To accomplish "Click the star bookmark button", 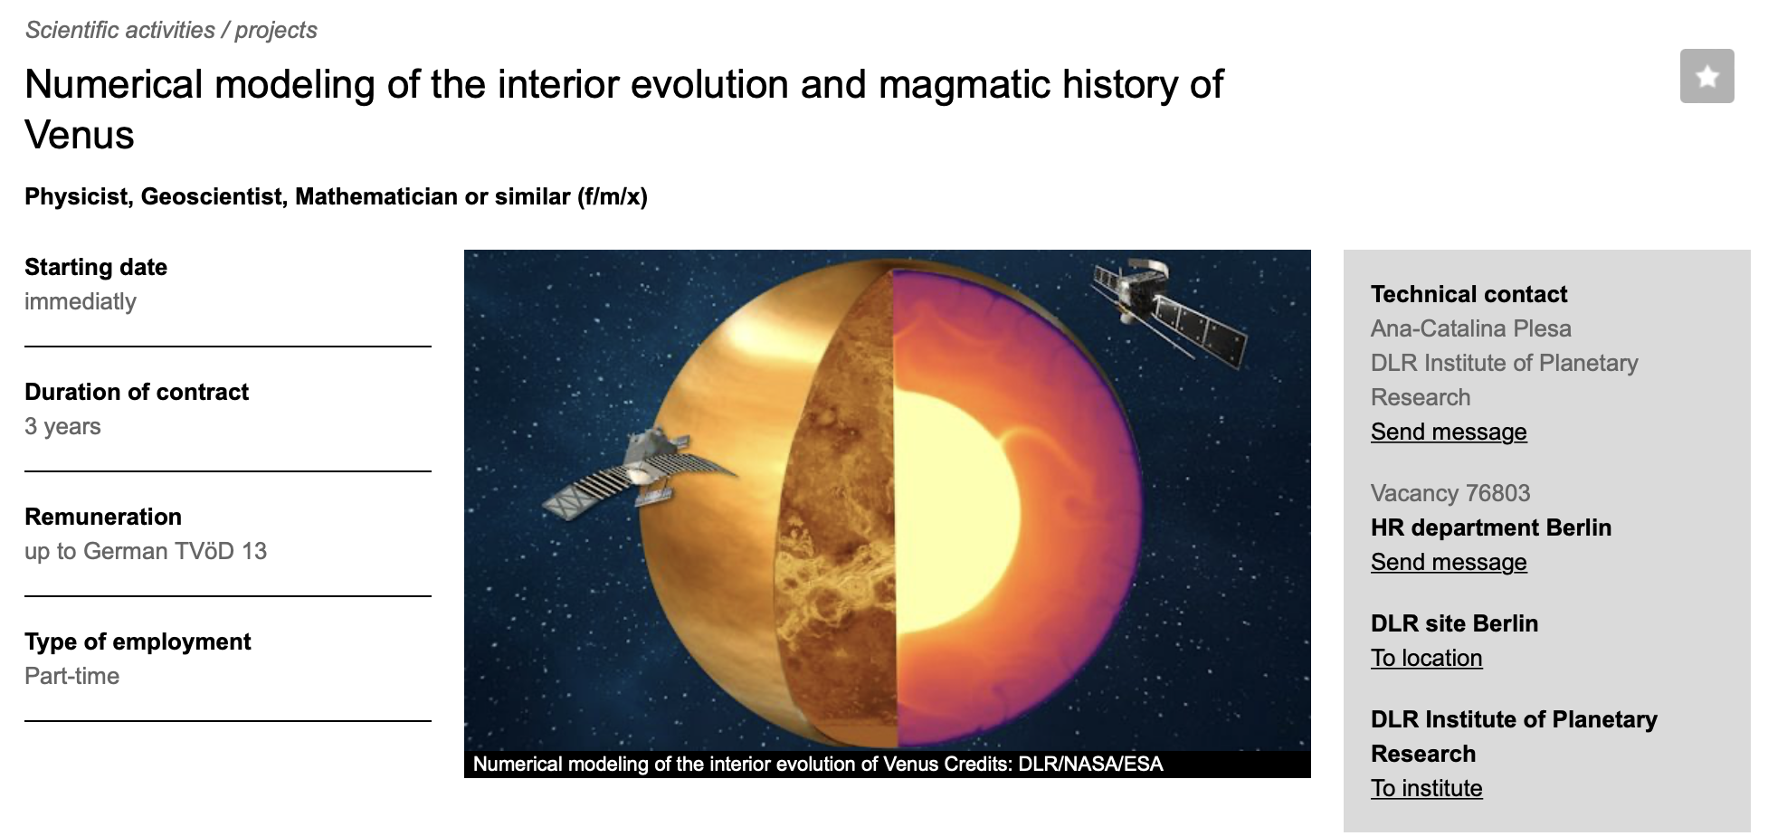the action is [1706, 76].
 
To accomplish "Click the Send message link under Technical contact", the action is [1449, 432].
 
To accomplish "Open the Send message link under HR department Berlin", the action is [1449, 562].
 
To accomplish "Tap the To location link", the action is [1426, 658].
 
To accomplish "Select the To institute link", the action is [1426, 788].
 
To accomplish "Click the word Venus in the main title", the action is [80, 135].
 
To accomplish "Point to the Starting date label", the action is [96, 267].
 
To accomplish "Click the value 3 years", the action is [62, 426].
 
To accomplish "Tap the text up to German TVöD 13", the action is [146, 551].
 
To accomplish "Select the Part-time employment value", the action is [71, 676].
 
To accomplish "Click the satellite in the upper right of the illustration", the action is [1167, 312].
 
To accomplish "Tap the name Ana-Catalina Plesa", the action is [1470, 328].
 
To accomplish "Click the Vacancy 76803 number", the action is [1450, 493].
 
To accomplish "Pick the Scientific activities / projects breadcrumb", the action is [171, 30].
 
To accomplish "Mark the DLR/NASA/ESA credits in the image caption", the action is [1090, 765].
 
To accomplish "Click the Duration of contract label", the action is [137, 392].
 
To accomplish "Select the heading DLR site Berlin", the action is [1454, 623].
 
